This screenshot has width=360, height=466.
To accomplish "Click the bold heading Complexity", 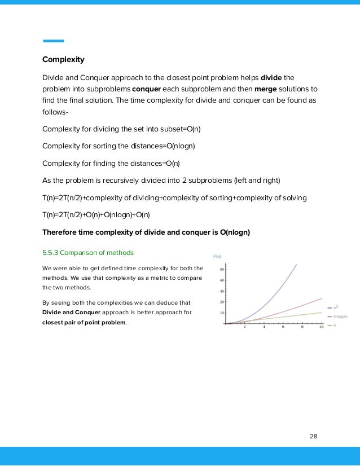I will tap(63, 59).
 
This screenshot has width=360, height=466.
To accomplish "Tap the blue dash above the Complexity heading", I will tap(53, 41).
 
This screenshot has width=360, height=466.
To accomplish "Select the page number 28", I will tap(314, 436).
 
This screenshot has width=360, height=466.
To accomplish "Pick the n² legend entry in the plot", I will tap(337, 307).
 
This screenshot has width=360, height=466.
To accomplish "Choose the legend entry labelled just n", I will tap(335, 326).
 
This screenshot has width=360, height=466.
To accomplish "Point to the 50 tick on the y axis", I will tap(221, 270).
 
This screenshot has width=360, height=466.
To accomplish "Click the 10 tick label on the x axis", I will tap(321, 327).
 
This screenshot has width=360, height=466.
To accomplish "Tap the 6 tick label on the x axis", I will tap(283, 327).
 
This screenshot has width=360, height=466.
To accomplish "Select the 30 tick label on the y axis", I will tap(221, 291).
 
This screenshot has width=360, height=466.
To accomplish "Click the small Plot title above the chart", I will tap(217, 257).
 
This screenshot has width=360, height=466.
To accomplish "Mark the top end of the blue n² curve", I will tap(297, 264).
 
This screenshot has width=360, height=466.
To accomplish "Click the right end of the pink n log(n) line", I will tap(322, 298).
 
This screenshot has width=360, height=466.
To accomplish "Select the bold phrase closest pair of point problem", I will tap(84, 323).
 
